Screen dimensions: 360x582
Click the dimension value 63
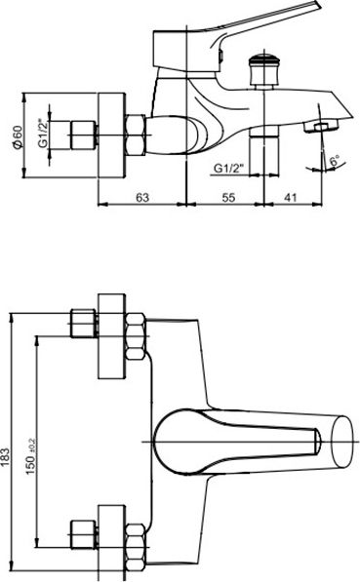[x=142, y=197]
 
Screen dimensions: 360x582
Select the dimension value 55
[x=228, y=197]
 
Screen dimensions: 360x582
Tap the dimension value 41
[x=290, y=197]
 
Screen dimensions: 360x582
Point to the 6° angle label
[x=335, y=161]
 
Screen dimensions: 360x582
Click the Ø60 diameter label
[x=18, y=136]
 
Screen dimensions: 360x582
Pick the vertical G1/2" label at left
[x=44, y=134]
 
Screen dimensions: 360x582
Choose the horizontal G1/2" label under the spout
[x=228, y=169]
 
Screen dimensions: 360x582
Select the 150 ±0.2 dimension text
[x=31, y=455]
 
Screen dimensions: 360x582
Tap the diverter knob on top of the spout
[x=263, y=71]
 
